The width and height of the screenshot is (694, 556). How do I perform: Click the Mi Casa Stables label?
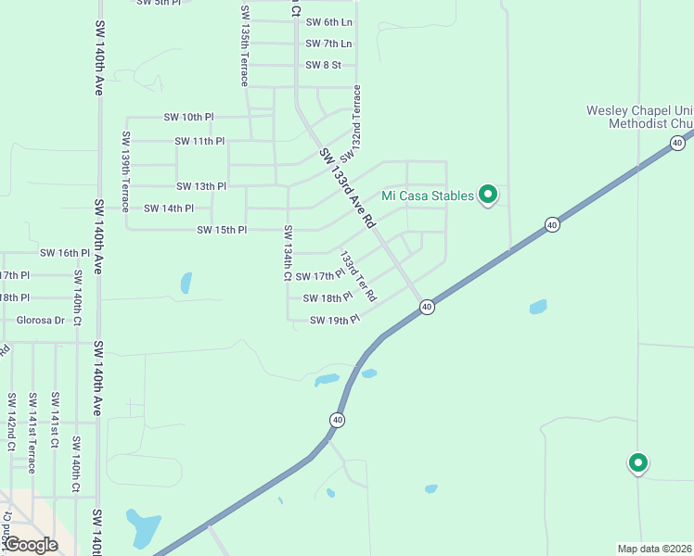click(428, 196)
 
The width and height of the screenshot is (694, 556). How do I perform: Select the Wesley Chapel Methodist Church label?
click(639, 116)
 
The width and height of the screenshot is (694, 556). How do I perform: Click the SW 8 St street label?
click(324, 65)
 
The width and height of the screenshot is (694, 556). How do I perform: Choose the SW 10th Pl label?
click(188, 117)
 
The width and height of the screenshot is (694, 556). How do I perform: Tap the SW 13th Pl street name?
click(201, 186)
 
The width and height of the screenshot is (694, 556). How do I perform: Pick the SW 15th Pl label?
click(222, 230)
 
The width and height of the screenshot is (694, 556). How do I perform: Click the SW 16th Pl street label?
click(64, 252)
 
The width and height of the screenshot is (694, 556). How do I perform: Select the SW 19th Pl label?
click(334, 321)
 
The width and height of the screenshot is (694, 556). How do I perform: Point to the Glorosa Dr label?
click(41, 321)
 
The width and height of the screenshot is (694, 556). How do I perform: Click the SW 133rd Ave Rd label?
click(346, 189)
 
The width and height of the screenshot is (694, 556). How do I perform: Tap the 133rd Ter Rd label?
click(357, 276)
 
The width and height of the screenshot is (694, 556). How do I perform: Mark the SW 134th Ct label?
click(288, 253)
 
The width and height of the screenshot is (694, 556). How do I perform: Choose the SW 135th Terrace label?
click(245, 45)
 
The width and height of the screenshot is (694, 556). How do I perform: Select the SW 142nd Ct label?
click(12, 421)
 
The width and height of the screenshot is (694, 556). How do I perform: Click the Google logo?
click(32, 544)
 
